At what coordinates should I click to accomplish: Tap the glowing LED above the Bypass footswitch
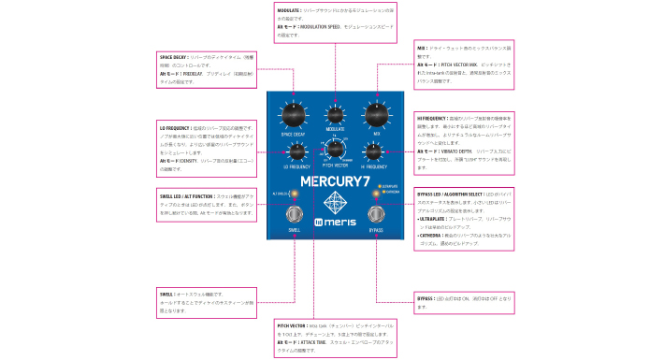(375, 194)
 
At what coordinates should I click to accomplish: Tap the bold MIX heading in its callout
(420, 45)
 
